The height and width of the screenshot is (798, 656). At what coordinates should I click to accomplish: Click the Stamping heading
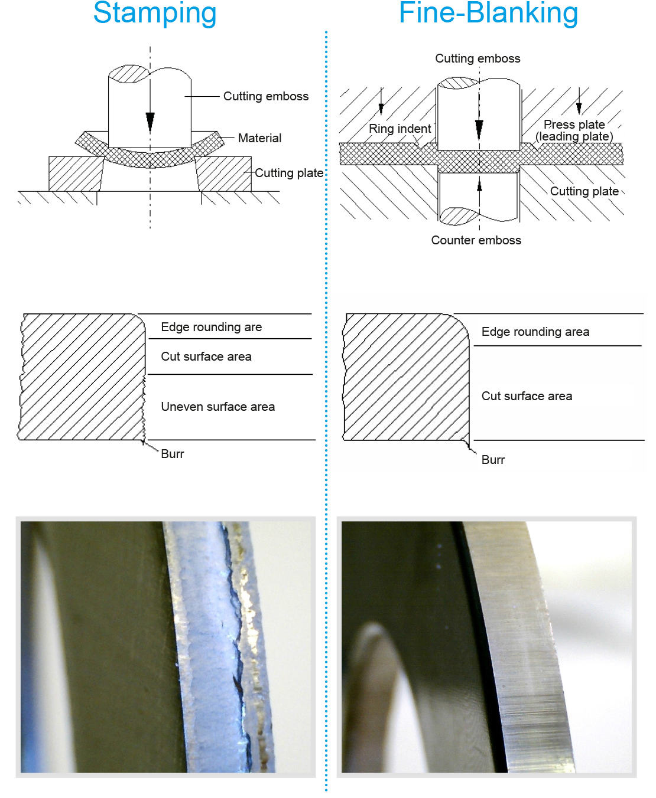(155, 13)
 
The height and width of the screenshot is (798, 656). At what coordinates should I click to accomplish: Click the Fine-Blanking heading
(488, 13)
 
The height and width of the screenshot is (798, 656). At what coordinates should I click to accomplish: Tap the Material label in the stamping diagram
(259, 138)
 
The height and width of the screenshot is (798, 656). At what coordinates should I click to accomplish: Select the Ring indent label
(400, 129)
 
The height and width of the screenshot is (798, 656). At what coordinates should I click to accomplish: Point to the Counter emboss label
(476, 240)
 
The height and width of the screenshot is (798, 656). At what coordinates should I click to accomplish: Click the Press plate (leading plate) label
(574, 130)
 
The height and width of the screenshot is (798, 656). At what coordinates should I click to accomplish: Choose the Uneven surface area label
(217, 407)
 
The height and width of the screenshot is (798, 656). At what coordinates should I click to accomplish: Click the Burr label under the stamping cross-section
(172, 454)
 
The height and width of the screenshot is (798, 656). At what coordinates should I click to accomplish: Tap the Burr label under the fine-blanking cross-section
(493, 460)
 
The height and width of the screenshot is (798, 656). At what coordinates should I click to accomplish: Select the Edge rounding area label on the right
(535, 332)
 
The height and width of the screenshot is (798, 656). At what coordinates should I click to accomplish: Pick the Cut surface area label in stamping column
(206, 357)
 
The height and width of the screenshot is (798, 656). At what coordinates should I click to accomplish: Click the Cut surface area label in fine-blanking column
(527, 396)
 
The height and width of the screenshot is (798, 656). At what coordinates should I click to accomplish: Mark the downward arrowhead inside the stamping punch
(150, 122)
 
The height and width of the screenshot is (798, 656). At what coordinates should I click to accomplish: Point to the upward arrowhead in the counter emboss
(479, 185)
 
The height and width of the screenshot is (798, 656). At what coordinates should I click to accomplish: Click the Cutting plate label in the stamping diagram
(288, 173)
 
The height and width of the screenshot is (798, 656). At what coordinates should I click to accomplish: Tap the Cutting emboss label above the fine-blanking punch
(478, 58)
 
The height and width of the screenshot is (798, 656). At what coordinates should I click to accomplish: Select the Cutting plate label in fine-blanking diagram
(584, 191)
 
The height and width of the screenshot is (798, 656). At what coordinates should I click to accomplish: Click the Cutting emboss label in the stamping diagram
(265, 96)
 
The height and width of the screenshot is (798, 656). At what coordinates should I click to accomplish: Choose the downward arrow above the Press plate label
(579, 106)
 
